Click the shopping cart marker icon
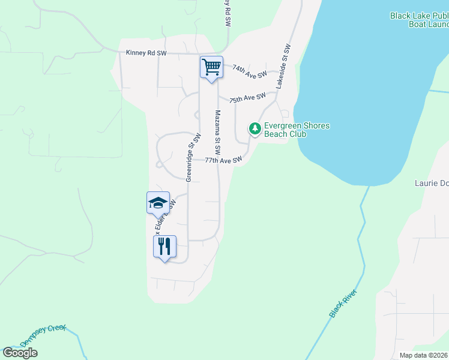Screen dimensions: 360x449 coord(211,67)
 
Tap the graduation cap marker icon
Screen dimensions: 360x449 coord(158,202)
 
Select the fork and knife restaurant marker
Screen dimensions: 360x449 coord(164,246)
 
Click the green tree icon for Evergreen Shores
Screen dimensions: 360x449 coord(255,129)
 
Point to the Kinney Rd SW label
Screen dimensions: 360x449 coord(146,53)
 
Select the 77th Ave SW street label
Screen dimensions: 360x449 coord(223,160)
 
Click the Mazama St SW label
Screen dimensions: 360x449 coord(218,131)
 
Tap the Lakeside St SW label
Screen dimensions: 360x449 coord(283,67)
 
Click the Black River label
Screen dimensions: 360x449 coord(343,304)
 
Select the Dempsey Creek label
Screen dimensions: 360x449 coord(43,337)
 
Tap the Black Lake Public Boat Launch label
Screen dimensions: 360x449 coord(419,20)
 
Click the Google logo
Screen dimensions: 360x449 coord(20,352)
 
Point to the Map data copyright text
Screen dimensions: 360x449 coord(423,355)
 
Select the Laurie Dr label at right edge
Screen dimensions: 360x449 coord(432,183)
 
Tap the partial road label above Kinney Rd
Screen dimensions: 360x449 coord(228,13)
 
